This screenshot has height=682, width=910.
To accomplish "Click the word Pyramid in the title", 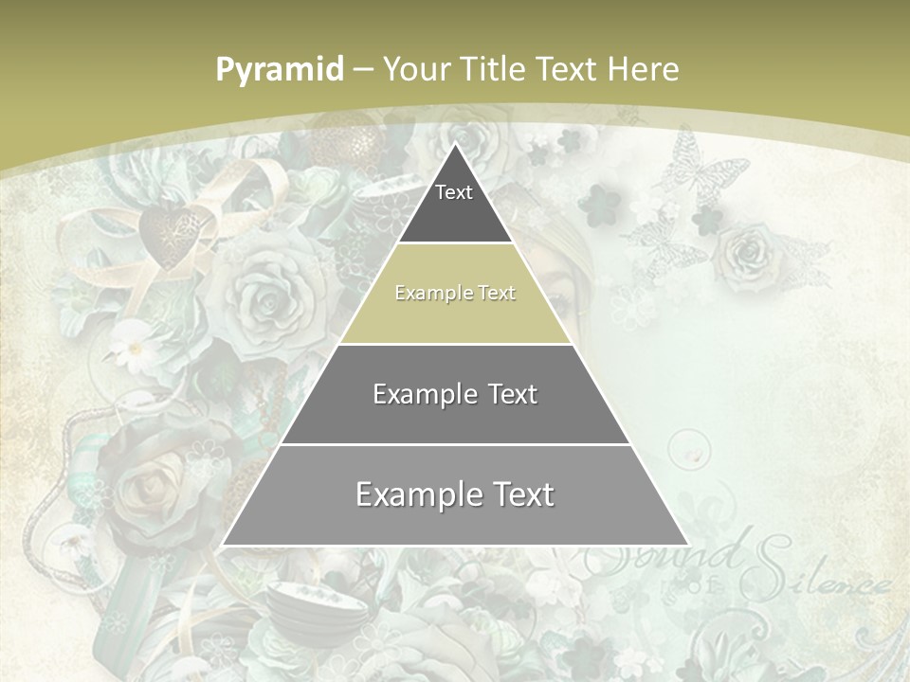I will click(280, 70).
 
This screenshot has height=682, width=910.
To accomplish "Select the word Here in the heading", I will click(643, 69).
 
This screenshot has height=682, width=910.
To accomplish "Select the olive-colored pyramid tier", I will click(455, 294).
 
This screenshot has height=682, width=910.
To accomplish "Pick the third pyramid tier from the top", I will click(455, 394).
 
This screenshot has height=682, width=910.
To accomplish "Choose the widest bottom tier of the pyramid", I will click(455, 495).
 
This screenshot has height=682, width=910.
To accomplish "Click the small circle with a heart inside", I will click(689, 449).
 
